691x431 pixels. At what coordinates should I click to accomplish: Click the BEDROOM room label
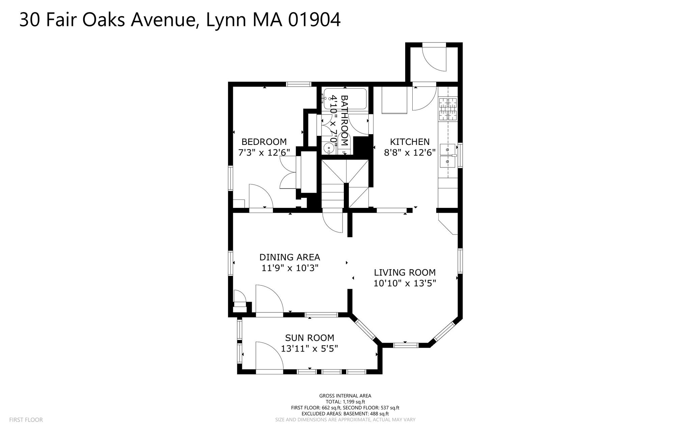(264, 142)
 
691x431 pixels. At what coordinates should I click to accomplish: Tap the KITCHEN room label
(410, 142)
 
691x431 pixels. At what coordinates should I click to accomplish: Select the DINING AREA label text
(290, 257)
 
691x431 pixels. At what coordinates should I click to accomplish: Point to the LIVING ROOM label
(405, 272)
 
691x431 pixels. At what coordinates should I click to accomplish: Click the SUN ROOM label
(310, 338)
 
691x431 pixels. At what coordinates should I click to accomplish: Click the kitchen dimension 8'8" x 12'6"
(410, 152)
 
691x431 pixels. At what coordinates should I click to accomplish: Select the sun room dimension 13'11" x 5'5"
(310, 348)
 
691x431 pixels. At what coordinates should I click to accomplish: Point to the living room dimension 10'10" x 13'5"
(405, 283)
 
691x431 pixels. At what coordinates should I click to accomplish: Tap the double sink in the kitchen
(448, 156)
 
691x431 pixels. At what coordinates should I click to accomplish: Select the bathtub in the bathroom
(344, 99)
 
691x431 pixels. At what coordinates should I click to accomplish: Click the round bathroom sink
(329, 148)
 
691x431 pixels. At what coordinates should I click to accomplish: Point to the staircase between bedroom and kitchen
(344, 184)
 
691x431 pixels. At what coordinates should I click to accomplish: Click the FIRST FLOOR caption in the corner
(26, 420)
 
